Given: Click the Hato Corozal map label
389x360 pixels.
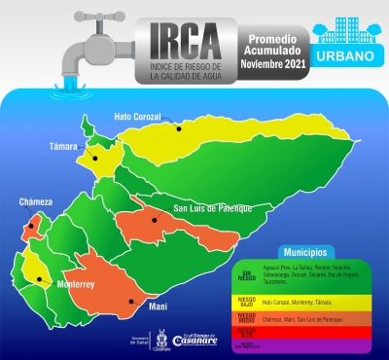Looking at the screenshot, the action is coord(138,117).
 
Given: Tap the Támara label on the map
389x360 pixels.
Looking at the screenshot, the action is coord(63,147).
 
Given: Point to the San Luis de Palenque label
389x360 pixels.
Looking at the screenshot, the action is coord(212,207).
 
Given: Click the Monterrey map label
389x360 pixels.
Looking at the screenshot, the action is coord(73,284).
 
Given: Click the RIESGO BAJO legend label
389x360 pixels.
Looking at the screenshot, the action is coord(247,303).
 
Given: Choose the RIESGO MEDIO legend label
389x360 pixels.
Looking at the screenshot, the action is coord(247,318).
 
